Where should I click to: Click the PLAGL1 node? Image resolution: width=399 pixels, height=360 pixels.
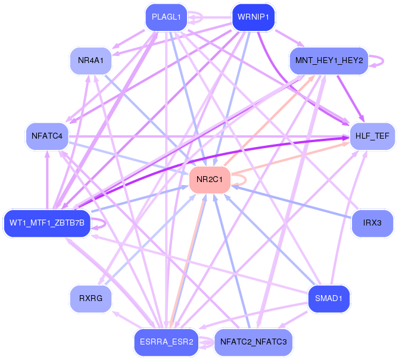(x=166, y=17)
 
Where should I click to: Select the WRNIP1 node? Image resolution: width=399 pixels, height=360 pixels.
(x=251, y=17)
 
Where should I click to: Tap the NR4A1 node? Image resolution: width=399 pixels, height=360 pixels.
(x=91, y=61)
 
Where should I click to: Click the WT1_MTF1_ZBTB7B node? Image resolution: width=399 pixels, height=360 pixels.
(x=47, y=223)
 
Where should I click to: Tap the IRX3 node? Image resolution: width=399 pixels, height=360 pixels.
(x=373, y=223)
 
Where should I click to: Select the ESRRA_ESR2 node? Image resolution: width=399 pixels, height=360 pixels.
(x=166, y=342)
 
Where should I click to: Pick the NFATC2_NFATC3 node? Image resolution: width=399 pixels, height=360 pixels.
(x=253, y=342)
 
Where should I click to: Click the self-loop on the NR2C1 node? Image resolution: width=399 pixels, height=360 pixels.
(x=240, y=179)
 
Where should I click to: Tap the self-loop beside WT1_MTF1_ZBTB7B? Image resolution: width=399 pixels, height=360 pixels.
(x=103, y=223)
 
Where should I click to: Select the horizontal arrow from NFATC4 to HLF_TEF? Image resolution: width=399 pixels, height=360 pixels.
(x=208, y=137)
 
